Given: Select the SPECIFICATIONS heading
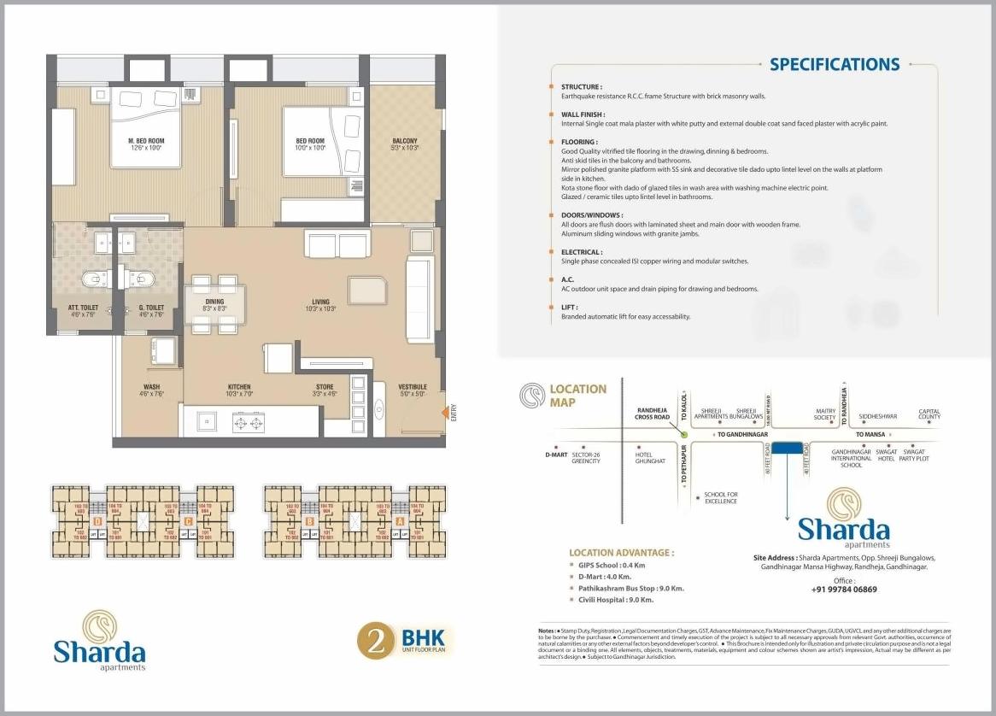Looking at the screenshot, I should point(834,65).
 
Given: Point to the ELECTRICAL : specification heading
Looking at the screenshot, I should point(581,252).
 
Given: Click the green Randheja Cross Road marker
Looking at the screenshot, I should point(683,434).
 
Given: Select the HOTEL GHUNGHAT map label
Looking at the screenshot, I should point(649,457).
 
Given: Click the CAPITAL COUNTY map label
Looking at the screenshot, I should point(929,414).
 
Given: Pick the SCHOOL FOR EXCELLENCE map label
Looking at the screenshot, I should point(721,497).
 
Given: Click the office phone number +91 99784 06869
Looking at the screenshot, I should point(844,590).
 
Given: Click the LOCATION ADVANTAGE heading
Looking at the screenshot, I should point(620,553).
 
